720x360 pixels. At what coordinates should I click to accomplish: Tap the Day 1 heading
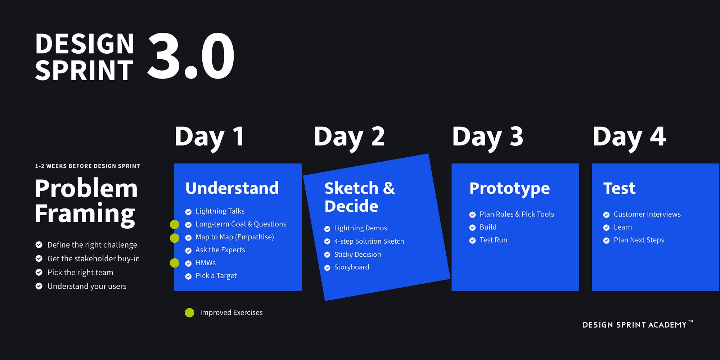click(210, 138)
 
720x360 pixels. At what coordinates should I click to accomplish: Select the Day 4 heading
click(629, 138)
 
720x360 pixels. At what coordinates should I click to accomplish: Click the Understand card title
click(232, 188)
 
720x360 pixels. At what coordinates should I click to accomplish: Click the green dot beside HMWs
click(175, 263)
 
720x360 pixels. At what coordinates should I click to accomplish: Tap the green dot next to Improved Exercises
click(189, 313)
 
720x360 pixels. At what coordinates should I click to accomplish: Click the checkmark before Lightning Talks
click(188, 212)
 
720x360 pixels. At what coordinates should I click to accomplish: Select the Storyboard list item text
click(352, 267)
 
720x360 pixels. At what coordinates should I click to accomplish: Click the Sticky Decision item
click(357, 255)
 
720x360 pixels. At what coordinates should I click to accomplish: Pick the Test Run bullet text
click(494, 240)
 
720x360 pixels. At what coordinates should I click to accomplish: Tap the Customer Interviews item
click(647, 214)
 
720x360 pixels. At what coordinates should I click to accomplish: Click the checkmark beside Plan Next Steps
click(607, 240)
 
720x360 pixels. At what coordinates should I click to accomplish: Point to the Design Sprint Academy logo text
click(638, 324)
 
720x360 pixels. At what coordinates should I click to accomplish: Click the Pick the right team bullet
click(80, 273)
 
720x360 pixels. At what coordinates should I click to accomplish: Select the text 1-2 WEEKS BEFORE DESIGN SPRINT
click(87, 166)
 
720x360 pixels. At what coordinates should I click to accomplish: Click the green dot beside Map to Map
click(175, 238)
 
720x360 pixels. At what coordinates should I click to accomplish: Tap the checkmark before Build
click(473, 228)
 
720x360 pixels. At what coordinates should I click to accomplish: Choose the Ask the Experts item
click(220, 250)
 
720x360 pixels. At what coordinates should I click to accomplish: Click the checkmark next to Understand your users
click(39, 286)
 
